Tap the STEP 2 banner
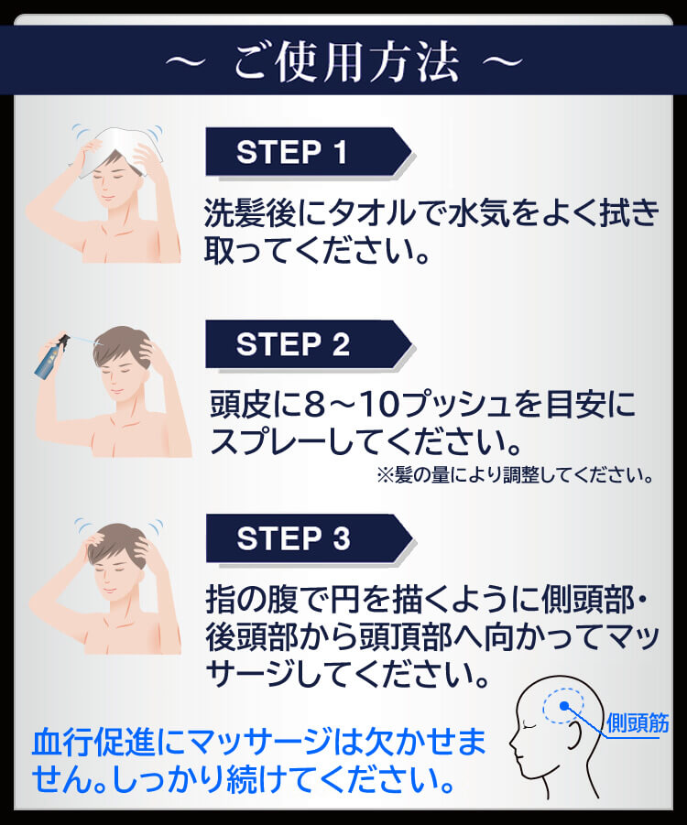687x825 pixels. pos(308,344)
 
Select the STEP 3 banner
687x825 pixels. pos(308,538)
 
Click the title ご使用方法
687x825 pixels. pos(346,61)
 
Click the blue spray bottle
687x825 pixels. pos(51,358)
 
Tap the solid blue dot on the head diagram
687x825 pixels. pos(564,706)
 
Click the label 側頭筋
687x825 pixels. pos(638,723)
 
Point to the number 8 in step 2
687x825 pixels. pos(314,405)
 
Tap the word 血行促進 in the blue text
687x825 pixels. pos(94,742)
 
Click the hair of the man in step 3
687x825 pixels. pos(117,542)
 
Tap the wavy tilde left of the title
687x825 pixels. pos(185,62)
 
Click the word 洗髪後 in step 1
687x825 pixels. pos(249,213)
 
